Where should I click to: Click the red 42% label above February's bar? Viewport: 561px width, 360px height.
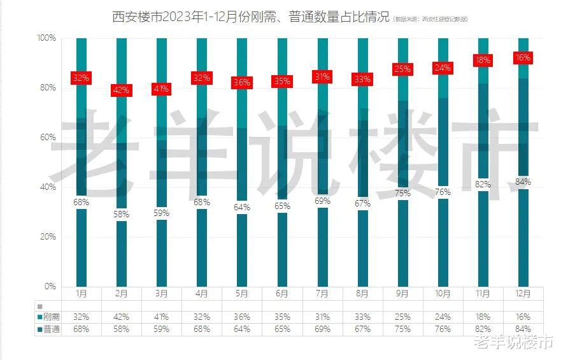[121, 90]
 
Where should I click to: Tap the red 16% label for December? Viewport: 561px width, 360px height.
[523, 58]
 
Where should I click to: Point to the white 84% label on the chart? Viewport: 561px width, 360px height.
[523, 182]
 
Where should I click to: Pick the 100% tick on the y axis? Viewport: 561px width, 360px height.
[46, 38]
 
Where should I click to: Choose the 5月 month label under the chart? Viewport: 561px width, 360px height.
[242, 294]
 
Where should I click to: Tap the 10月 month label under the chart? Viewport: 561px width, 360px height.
[443, 294]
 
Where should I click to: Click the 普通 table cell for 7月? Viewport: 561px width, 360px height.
[322, 329]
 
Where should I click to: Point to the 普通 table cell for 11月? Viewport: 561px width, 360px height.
[483, 329]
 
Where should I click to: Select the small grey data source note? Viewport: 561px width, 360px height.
[430, 19]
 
